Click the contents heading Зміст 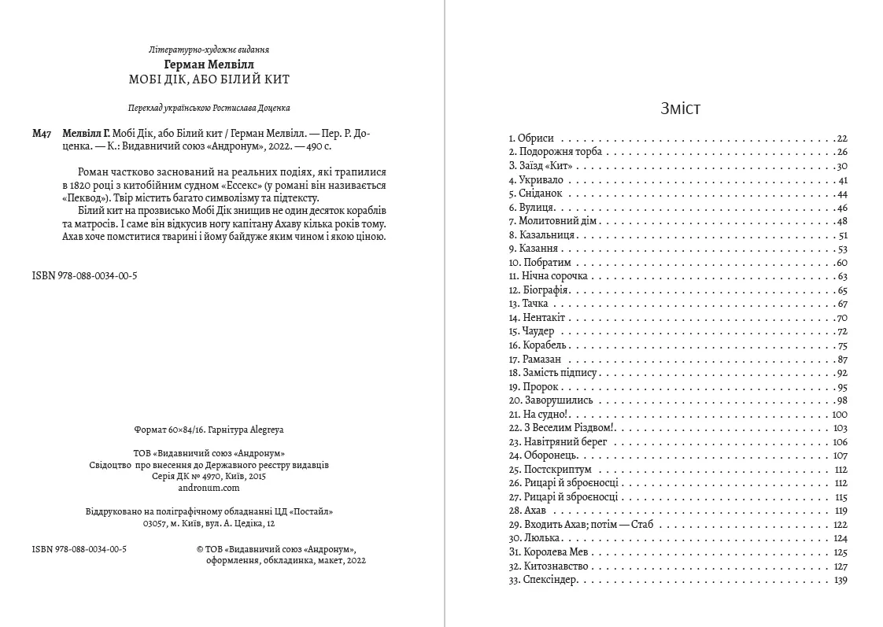[x=680, y=109]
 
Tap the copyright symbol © [x=199, y=549]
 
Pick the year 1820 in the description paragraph [x=100, y=186]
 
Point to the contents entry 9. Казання [x=534, y=249]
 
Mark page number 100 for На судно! [x=838, y=414]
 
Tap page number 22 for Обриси [x=841, y=138]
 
